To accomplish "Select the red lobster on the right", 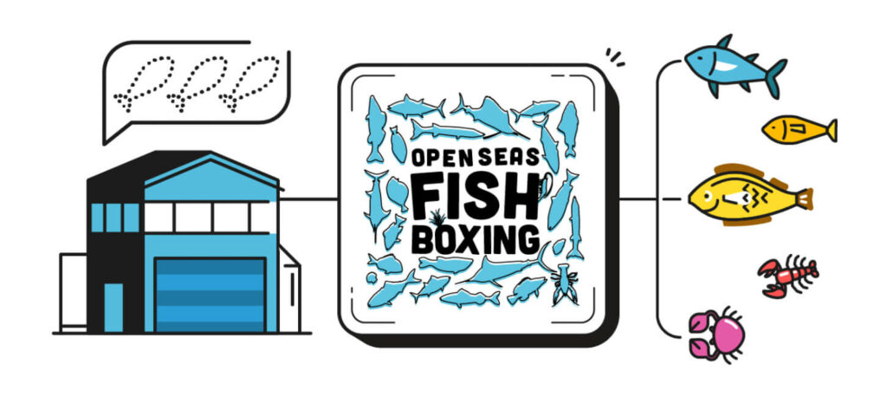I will [x=787, y=276].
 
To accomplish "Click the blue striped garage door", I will [x=210, y=295].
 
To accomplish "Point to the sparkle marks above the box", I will [x=616, y=56].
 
